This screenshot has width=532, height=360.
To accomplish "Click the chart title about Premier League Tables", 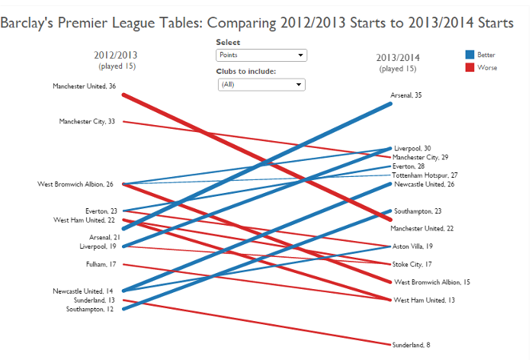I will tap(257, 23).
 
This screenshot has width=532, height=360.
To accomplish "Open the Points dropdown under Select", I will tap(261, 55).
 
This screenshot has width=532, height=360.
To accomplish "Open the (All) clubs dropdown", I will tap(261, 84).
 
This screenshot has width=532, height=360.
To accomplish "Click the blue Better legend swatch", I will tap(470, 55).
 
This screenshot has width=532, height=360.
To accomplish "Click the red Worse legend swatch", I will tap(470, 67).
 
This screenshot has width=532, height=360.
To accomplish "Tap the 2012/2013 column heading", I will tap(116, 55).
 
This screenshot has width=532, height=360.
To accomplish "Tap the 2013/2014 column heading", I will tap(397, 58).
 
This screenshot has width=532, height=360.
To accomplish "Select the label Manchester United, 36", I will tap(84, 86).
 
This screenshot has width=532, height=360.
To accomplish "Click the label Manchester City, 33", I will tap(87, 121).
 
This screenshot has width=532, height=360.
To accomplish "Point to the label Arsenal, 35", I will tap(406, 96).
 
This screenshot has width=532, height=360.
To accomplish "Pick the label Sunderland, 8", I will tap(412, 345).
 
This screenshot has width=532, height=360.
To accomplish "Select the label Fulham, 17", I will tap(101, 265).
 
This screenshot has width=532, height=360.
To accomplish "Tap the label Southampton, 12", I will tap(91, 309).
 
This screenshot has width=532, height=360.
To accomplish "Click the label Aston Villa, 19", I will tap(412, 246).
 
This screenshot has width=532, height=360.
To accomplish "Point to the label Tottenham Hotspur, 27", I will tap(425, 175).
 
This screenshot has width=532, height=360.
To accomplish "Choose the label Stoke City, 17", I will tap(412, 265).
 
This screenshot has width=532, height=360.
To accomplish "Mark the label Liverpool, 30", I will tap(412, 149).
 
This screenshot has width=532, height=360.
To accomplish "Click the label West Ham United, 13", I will tap(424, 300).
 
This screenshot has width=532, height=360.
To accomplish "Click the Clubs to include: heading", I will tap(245, 71).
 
